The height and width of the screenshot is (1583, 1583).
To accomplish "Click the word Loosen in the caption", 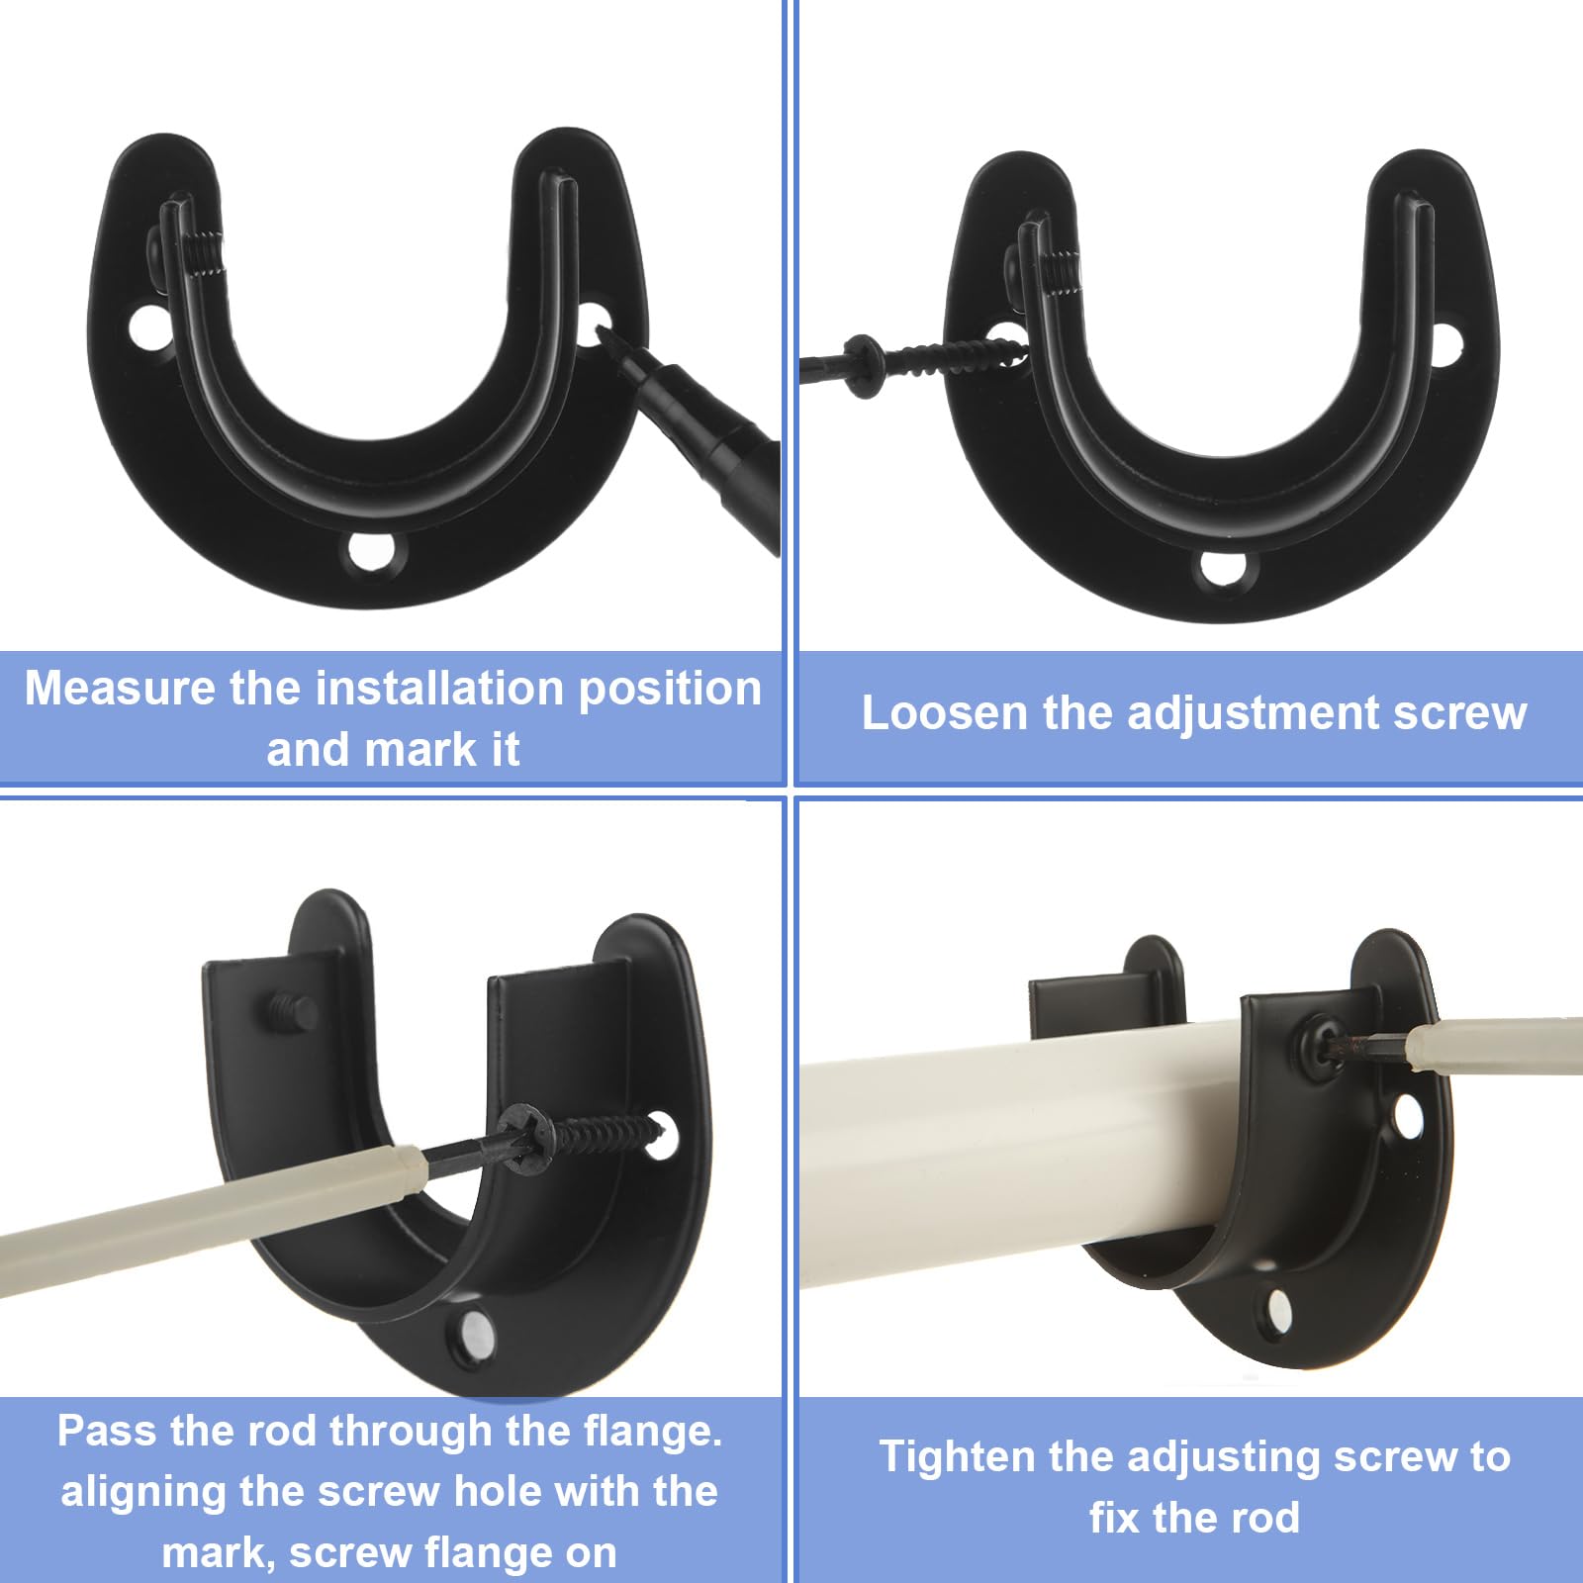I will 944,713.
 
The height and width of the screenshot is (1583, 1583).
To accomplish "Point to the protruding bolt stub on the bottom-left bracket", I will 290,1011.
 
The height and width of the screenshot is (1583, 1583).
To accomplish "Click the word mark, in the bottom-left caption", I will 219,1553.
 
